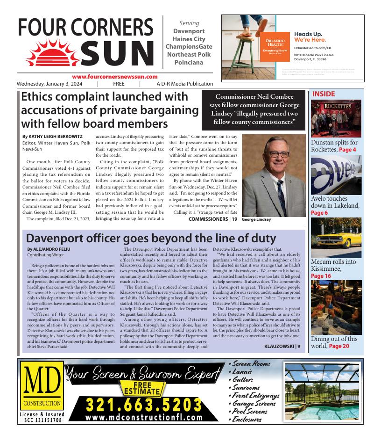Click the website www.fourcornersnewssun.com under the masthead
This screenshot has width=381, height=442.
[x=115, y=77]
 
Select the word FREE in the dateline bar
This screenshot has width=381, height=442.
[x=119, y=84]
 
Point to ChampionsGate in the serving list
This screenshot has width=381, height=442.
[x=189, y=47]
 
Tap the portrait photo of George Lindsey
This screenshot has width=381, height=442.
[x=273, y=175]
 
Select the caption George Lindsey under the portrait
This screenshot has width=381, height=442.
[x=256, y=219]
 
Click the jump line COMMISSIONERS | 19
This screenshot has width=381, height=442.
[x=213, y=219]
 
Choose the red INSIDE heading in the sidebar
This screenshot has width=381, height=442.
[x=324, y=94]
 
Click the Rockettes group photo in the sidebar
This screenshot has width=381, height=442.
[x=336, y=118]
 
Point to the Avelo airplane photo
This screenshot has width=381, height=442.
[x=336, y=174]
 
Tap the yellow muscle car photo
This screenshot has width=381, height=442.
[x=336, y=237]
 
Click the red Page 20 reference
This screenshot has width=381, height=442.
[x=339, y=346]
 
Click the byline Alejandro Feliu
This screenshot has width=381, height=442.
[x=49, y=249]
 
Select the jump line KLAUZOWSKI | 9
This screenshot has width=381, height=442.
[x=282, y=347]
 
